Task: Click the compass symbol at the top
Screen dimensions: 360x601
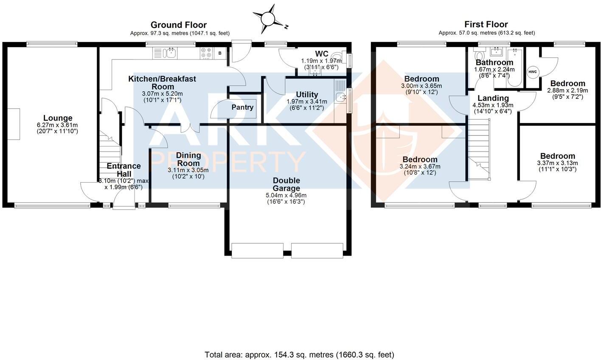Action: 269,19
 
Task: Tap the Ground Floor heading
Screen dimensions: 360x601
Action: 179,25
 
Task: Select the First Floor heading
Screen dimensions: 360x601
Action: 486,24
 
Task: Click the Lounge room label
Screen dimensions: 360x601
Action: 58,118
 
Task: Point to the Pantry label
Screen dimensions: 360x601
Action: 242,107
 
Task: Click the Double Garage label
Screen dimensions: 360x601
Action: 286,184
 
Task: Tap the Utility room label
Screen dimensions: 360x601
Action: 307,94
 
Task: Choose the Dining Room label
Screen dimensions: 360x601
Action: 188,159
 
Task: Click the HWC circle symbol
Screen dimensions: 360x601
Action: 532,72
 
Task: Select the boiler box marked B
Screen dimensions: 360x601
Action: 220,53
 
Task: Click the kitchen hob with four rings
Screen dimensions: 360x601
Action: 207,53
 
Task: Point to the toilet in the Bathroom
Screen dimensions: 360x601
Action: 480,56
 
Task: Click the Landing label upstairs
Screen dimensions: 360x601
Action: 493,98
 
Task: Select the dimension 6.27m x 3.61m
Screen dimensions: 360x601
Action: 58,125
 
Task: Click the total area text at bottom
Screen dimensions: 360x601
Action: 299,354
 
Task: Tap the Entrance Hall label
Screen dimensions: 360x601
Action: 124,170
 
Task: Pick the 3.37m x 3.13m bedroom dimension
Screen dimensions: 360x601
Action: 557,163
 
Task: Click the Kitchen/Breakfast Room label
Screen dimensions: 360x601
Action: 162,82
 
